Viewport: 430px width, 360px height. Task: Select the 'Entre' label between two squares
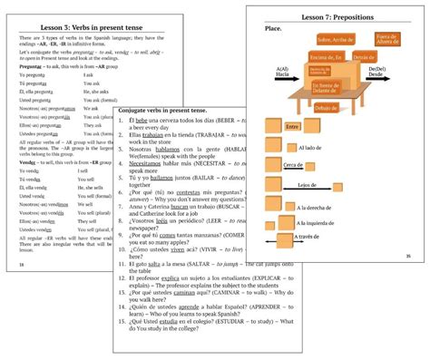293,127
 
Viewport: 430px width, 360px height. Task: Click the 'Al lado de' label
308,146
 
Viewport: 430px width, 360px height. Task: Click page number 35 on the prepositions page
408,257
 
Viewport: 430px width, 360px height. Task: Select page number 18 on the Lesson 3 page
20,264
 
